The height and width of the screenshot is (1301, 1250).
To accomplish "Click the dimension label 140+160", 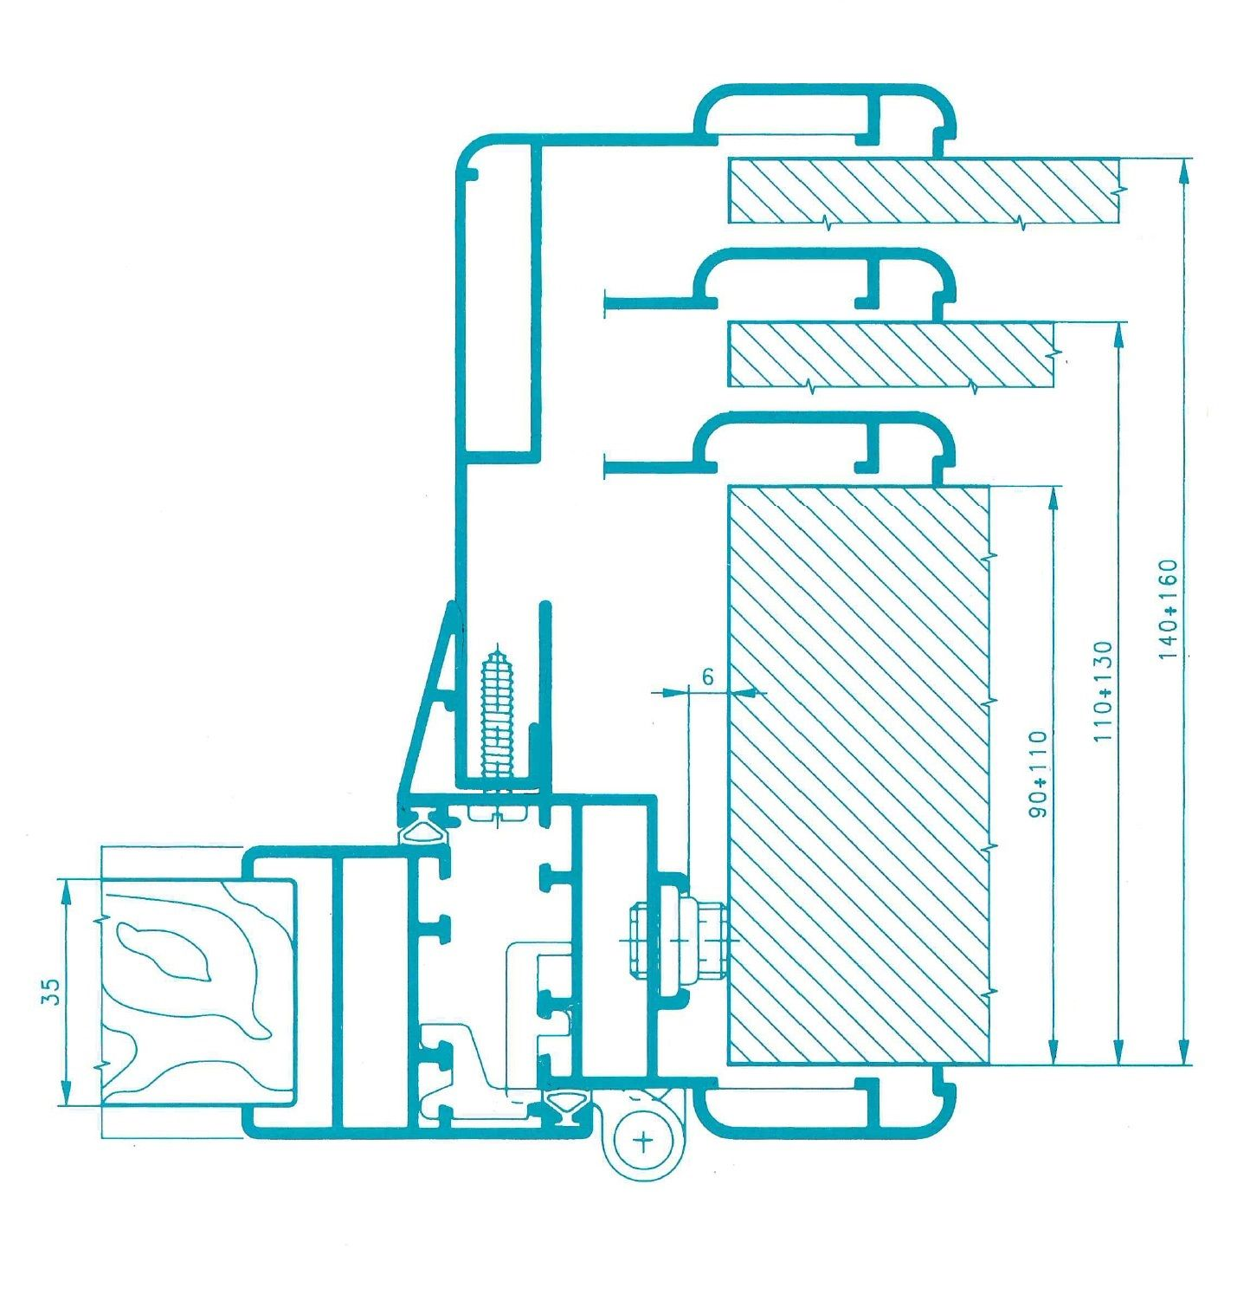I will click(1168, 609).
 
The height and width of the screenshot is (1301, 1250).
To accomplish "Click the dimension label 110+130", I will click(1103, 691).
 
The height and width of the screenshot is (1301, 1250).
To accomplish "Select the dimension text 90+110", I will click(1038, 773).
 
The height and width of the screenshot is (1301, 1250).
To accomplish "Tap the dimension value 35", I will click(51, 991).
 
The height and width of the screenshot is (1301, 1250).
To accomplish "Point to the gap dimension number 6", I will click(708, 676).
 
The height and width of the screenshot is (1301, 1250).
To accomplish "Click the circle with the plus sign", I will click(644, 1140).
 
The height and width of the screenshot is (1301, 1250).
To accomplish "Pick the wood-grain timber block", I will click(196, 993).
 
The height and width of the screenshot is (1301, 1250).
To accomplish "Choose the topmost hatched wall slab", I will click(923, 191).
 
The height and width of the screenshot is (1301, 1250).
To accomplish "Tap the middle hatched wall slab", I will click(892, 354).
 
